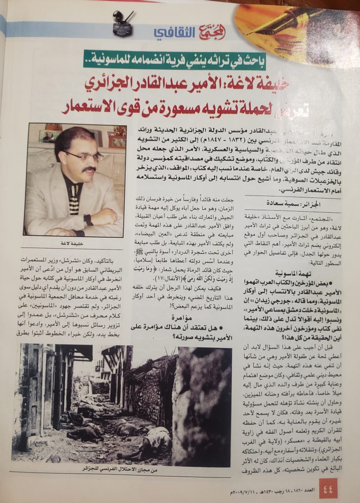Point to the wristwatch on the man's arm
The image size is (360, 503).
pyautogui.click(x=89, y=220)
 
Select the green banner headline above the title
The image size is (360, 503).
pyautogui.click(x=180, y=61)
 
